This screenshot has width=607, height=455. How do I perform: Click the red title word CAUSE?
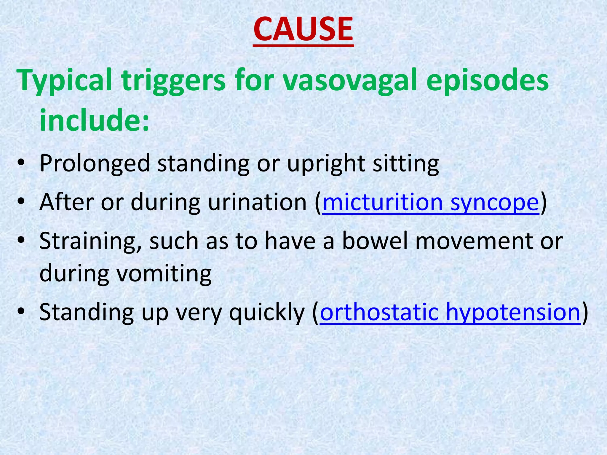[x=303, y=29]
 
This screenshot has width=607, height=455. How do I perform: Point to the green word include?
[x=94, y=120]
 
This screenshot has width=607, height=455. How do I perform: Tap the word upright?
[x=326, y=164]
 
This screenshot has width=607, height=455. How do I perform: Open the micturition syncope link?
[x=431, y=203]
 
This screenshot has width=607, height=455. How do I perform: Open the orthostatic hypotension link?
[x=450, y=312]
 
